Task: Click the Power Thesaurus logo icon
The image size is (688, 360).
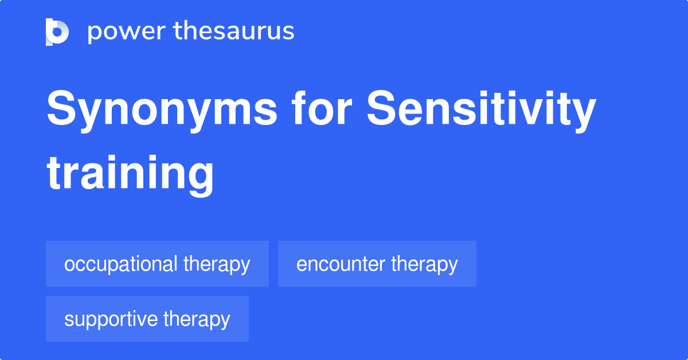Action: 57,32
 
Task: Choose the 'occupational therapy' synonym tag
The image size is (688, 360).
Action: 157,264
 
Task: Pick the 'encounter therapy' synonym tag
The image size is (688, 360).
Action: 377,264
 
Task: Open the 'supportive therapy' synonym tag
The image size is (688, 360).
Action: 147,319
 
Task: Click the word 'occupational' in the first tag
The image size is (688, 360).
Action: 120,264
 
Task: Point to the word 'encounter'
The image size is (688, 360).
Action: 341,264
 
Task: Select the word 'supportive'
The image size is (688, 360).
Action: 111,319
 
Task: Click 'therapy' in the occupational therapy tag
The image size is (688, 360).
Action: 217,264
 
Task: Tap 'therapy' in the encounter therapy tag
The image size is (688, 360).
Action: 425,264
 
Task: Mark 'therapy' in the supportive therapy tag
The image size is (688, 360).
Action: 197,319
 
